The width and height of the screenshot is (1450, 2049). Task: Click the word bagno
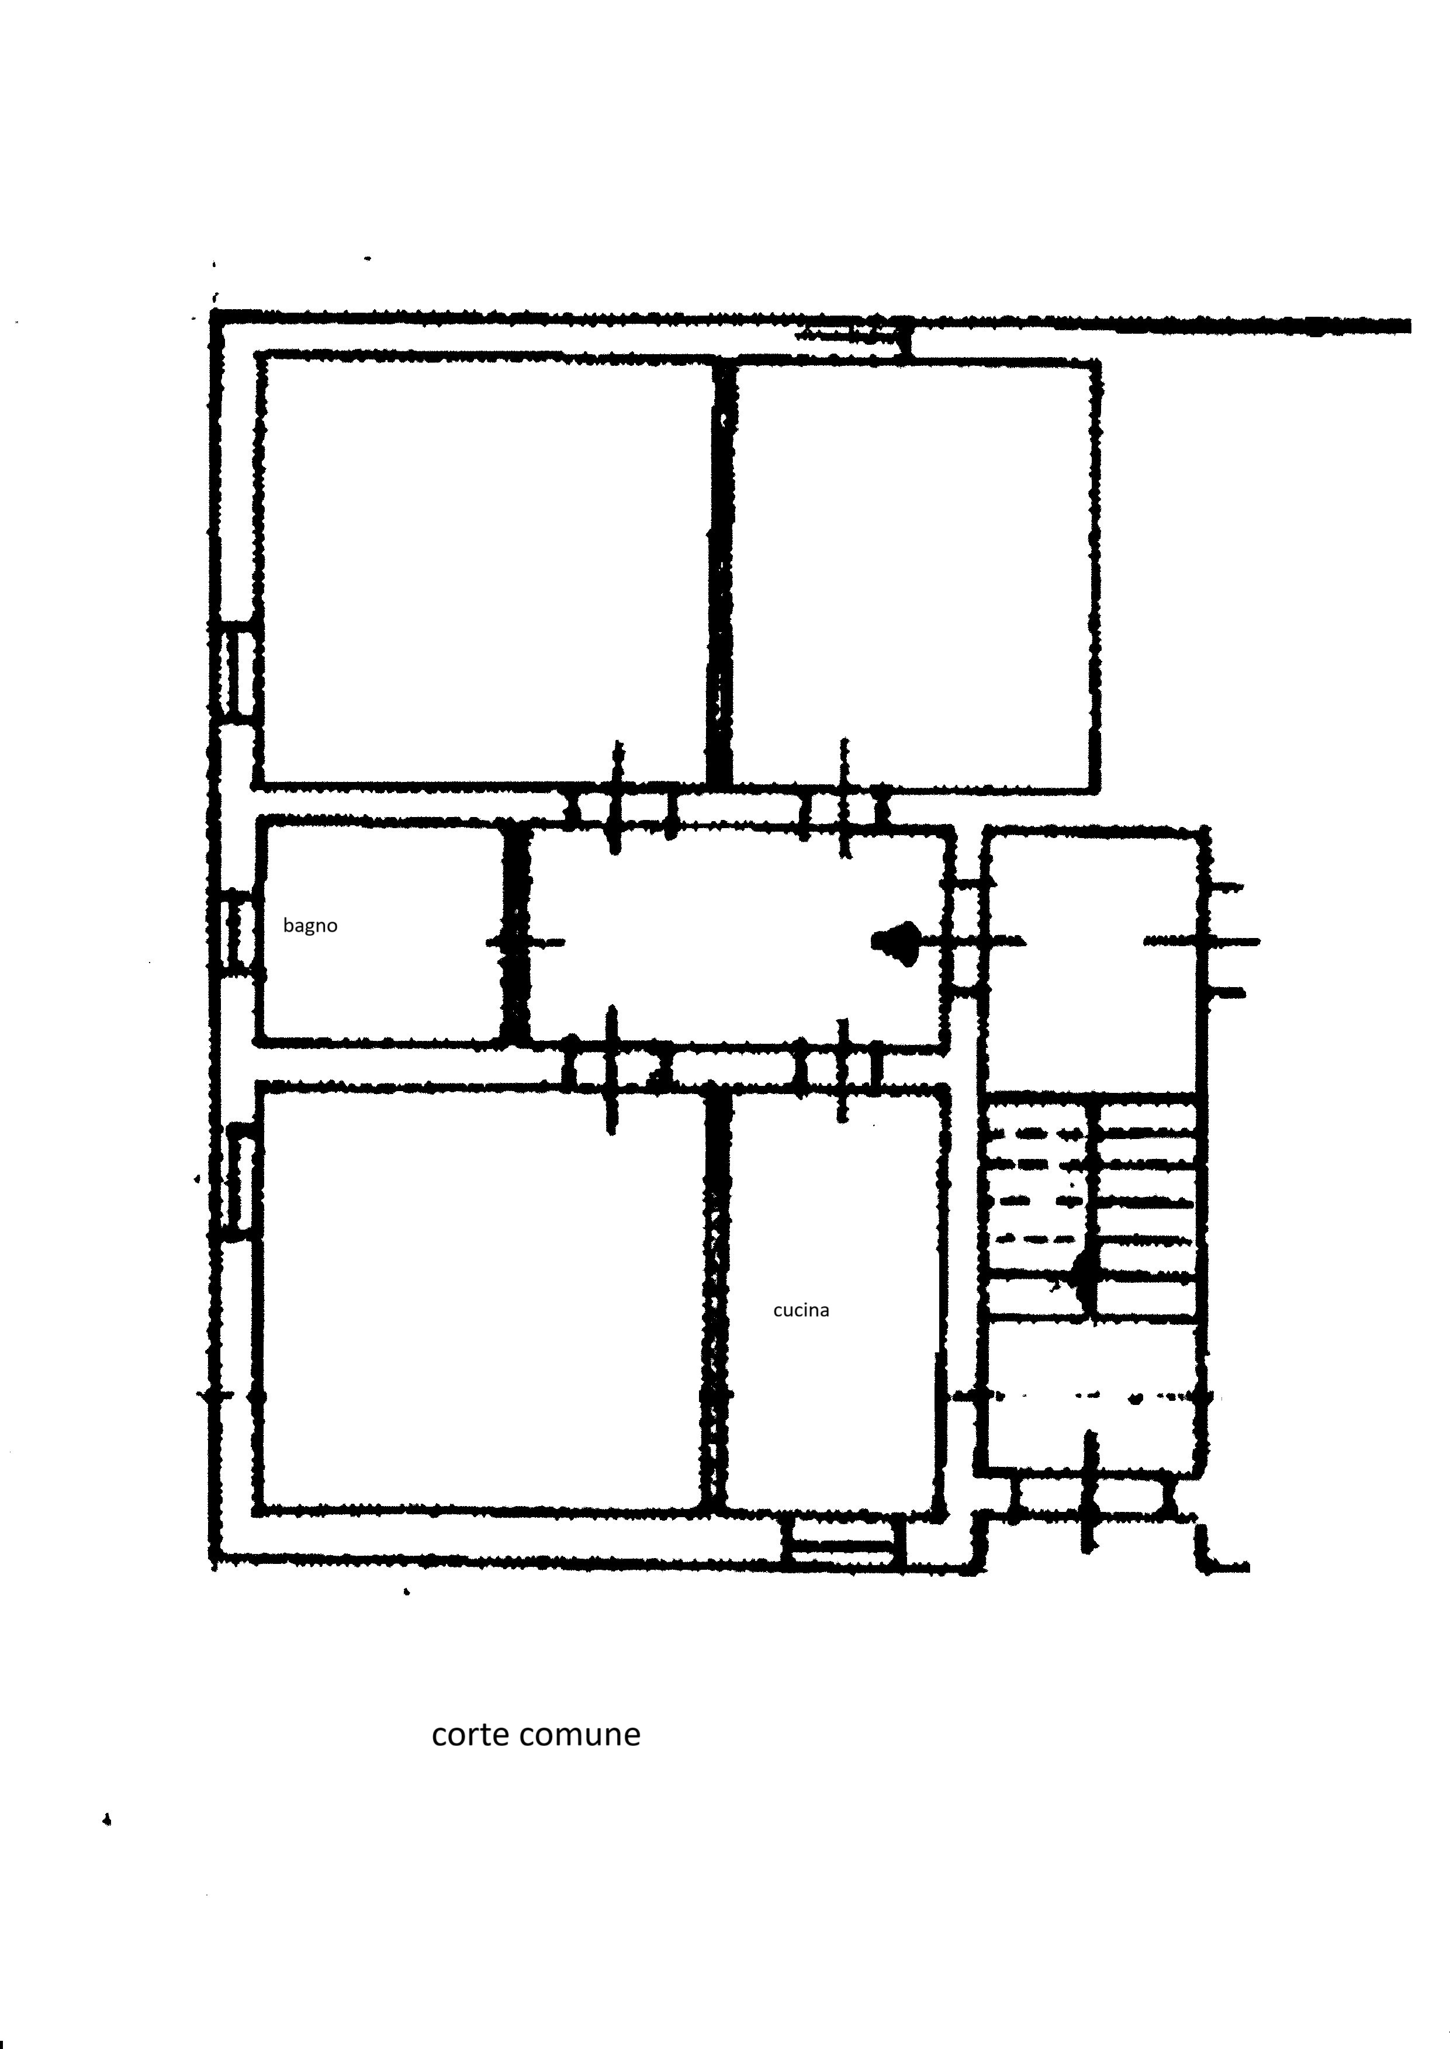pyautogui.click(x=310, y=926)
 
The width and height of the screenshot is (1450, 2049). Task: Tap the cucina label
pyautogui.click(x=801, y=1310)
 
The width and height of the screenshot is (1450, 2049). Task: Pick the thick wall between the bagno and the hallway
pyautogui.click(x=515, y=933)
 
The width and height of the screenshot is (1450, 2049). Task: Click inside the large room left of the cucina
pyautogui.click(x=482, y=1300)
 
